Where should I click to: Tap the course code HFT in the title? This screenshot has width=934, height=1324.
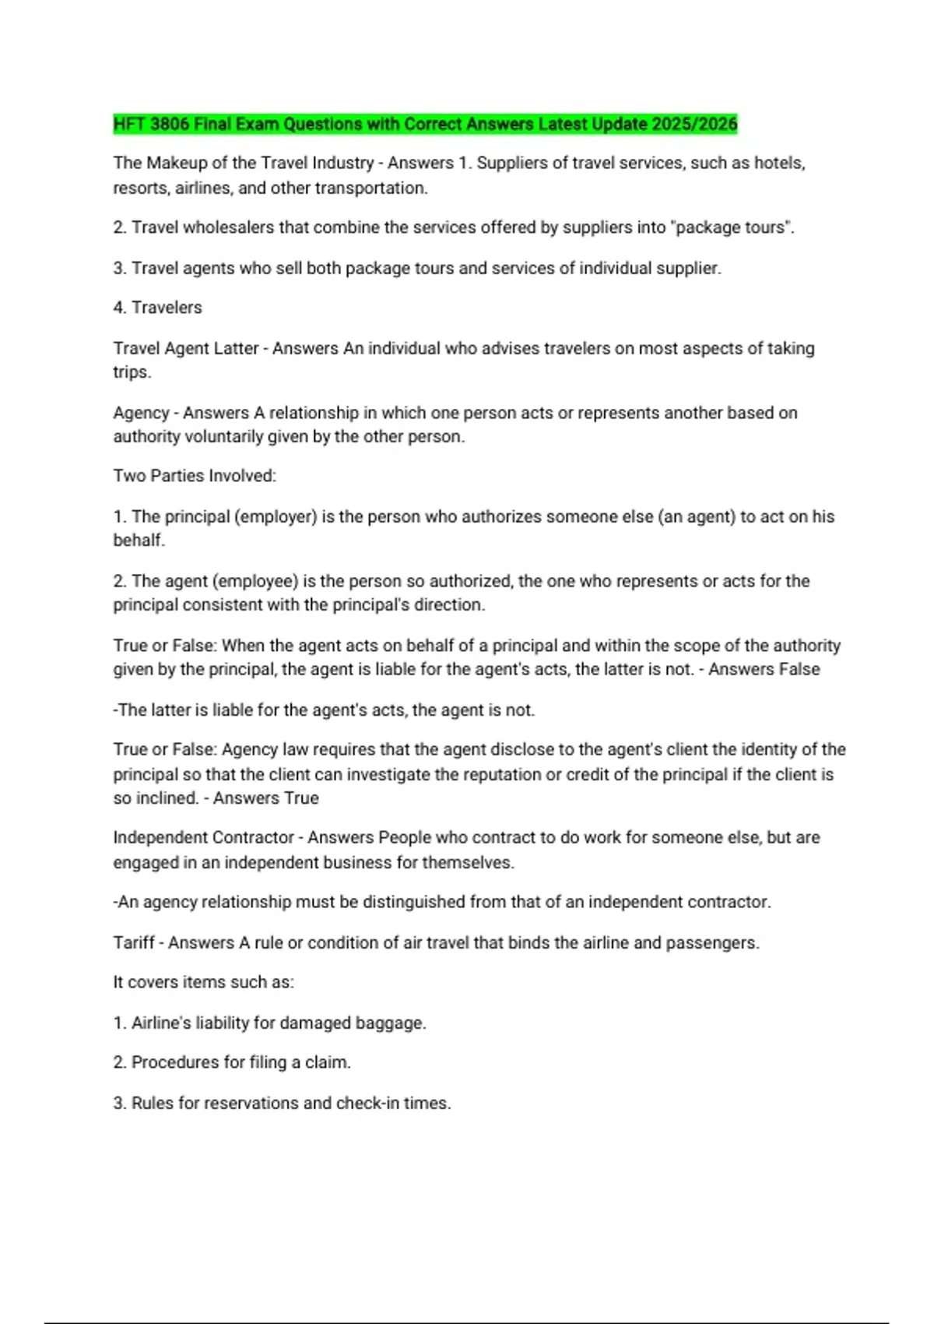(129, 124)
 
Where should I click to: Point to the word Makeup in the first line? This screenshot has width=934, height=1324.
(175, 163)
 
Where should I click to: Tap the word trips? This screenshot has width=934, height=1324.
(132, 372)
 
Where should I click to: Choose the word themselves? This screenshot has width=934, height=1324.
(468, 863)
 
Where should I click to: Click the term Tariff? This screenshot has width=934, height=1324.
(134, 943)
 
